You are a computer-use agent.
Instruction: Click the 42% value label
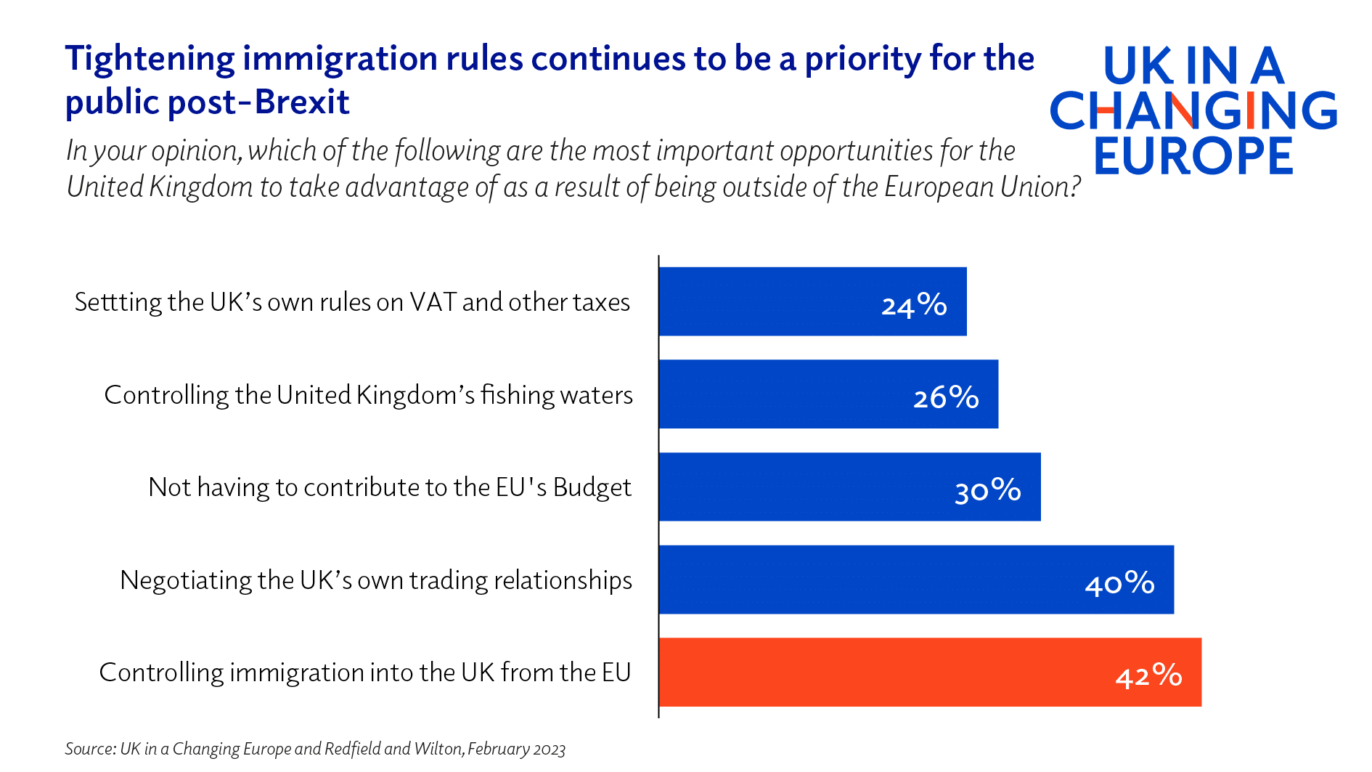pos(1148,675)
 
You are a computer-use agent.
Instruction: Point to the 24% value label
pos(914,305)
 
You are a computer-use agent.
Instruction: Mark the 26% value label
pos(946,397)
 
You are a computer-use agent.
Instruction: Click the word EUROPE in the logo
pos(1193,155)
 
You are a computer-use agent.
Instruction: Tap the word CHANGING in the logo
pos(1193,110)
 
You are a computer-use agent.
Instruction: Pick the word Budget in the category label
pos(592,487)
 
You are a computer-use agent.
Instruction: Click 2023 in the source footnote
pos(549,749)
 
